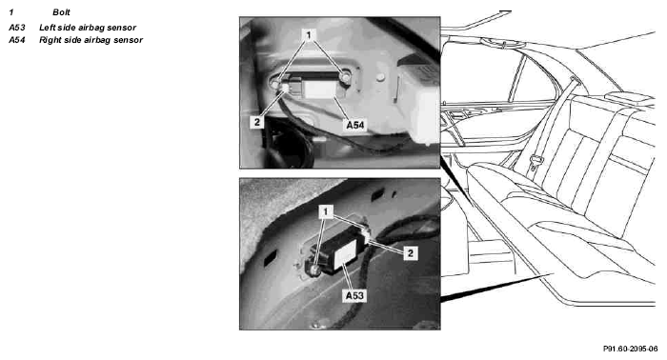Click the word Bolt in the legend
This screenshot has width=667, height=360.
pyautogui.click(x=61, y=12)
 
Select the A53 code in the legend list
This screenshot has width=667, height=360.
pyautogui.click(x=17, y=28)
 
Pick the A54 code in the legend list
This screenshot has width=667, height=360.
pyautogui.click(x=17, y=40)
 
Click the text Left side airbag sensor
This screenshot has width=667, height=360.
pyautogui.click(x=88, y=28)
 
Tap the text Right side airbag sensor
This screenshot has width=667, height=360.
pyautogui.click(x=91, y=40)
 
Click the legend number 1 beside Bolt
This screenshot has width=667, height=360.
pyautogui.click(x=11, y=12)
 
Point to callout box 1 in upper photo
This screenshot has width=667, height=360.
pyautogui.click(x=309, y=34)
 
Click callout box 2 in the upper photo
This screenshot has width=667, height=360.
pyautogui.click(x=257, y=122)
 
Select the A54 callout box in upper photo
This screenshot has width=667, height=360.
pyautogui.click(x=355, y=125)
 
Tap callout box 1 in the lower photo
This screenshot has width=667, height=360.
pyautogui.click(x=326, y=211)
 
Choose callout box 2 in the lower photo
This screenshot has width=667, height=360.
pyautogui.click(x=411, y=253)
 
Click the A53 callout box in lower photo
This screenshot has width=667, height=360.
pyautogui.click(x=354, y=295)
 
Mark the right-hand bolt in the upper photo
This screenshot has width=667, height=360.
pyautogui.click(x=345, y=77)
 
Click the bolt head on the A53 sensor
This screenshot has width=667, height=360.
pyautogui.click(x=313, y=270)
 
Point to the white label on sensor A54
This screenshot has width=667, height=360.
pyautogui.click(x=319, y=90)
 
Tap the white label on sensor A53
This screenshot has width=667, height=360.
pyautogui.click(x=345, y=254)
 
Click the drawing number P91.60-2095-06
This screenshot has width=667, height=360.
pyautogui.click(x=630, y=349)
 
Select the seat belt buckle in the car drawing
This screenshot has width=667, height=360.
pyautogui.click(x=536, y=162)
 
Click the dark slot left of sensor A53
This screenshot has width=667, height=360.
pyautogui.click(x=270, y=258)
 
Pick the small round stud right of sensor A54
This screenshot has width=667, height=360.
pyautogui.click(x=381, y=77)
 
